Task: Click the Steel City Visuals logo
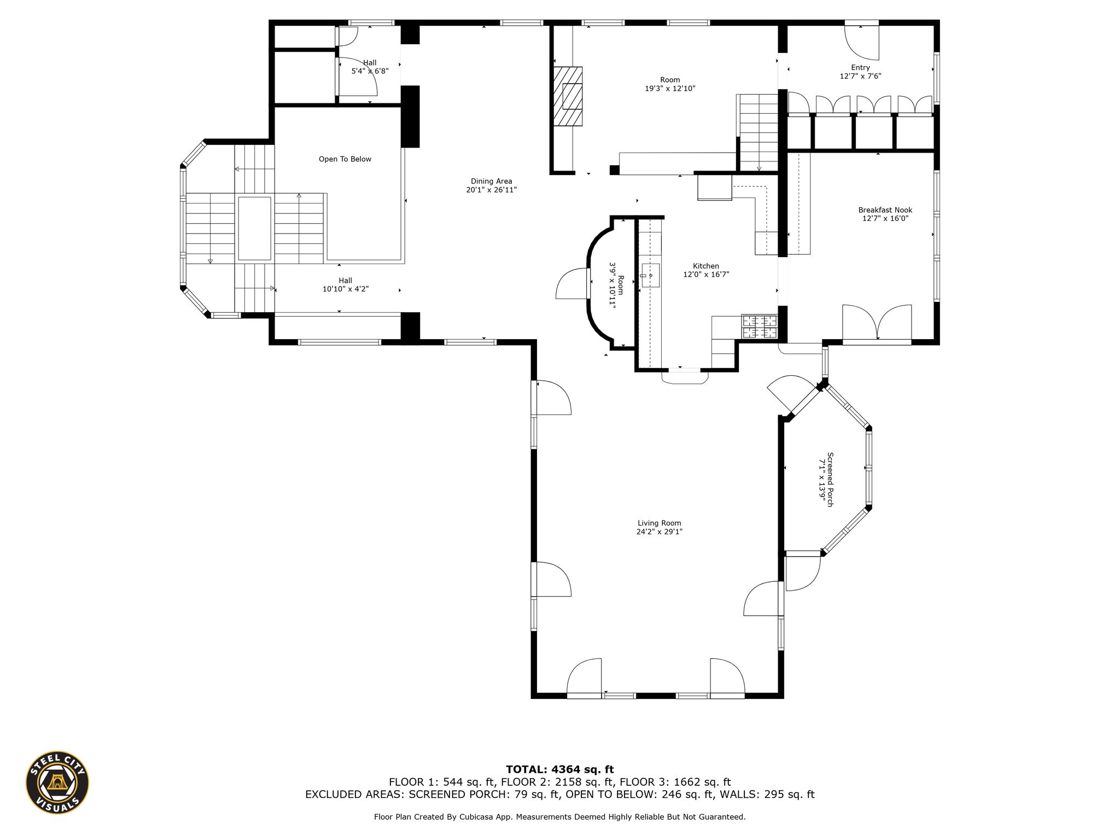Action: click(57, 782)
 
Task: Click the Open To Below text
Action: click(345, 159)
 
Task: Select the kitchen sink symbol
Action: click(650, 275)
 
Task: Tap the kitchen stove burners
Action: click(759, 326)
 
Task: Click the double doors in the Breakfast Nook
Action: click(877, 324)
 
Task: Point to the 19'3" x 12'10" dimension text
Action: click(670, 88)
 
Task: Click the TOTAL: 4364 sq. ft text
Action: click(559, 769)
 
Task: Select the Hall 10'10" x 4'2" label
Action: click(346, 285)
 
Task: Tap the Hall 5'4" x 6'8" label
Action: click(370, 67)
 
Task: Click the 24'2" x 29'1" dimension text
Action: click(659, 532)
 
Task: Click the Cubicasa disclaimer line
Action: click(559, 817)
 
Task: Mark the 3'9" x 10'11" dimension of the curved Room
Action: click(612, 286)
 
